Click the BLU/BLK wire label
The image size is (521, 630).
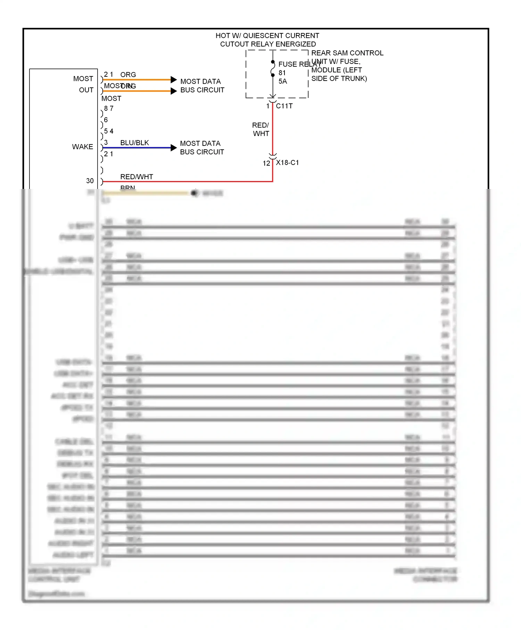pyautogui.click(x=134, y=143)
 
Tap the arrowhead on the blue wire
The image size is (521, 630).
pyautogui.click(x=174, y=148)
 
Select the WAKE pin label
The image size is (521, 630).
pyautogui.click(x=83, y=147)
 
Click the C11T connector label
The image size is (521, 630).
pyautogui.click(x=284, y=106)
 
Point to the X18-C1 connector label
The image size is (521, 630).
pyautogui.click(x=287, y=163)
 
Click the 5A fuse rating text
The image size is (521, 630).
pyautogui.click(x=283, y=81)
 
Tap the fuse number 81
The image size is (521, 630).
pyautogui.click(x=282, y=73)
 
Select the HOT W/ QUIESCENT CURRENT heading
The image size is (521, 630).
pyautogui.click(x=267, y=36)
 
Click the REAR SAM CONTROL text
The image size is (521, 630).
pyautogui.click(x=347, y=53)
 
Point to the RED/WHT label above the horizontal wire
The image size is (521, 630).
pyautogui.click(x=137, y=177)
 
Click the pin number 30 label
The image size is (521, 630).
pyautogui.click(x=90, y=181)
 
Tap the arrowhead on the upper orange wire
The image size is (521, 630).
pyautogui.click(x=174, y=80)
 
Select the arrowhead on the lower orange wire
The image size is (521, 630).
pyautogui.click(x=174, y=91)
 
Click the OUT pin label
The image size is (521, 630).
pyautogui.click(x=86, y=90)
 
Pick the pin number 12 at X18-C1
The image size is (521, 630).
pyautogui.click(x=266, y=163)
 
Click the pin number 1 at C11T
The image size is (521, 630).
pyautogui.click(x=268, y=106)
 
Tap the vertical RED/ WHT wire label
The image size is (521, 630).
pyautogui.click(x=261, y=129)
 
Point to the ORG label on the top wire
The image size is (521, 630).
pyautogui.click(x=128, y=75)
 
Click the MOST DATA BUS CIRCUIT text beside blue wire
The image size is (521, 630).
pyautogui.click(x=202, y=148)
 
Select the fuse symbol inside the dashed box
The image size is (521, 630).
pyautogui.click(x=273, y=68)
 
